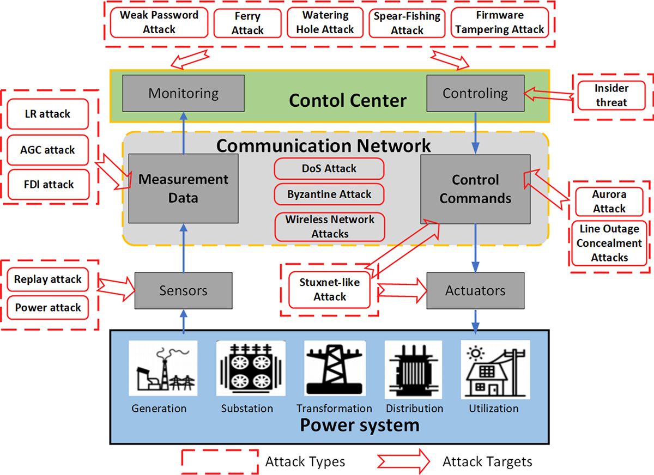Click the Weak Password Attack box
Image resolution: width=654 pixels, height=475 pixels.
point(159,22)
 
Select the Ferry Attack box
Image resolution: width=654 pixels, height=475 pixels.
point(247,23)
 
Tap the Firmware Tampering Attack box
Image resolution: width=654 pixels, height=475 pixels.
point(499,22)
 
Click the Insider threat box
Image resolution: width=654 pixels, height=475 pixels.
point(611,95)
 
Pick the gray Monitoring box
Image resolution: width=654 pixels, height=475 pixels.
point(183,93)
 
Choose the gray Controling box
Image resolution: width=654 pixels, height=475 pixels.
point(475,93)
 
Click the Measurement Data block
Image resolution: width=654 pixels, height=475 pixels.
point(183,188)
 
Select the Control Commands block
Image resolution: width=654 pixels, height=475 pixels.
point(475,189)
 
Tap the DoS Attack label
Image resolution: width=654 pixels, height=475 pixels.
point(329,169)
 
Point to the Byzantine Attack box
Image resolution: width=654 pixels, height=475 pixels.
point(329,194)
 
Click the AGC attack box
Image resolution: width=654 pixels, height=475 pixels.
point(49,150)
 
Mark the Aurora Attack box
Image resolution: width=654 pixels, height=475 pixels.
point(609,202)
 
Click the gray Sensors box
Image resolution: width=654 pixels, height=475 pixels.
point(183,290)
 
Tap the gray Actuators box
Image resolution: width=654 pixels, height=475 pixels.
point(475,290)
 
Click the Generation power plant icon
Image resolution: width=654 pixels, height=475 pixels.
point(159,368)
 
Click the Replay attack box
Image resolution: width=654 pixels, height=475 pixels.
point(48,279)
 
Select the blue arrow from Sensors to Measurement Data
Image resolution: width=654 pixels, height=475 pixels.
point(183,248)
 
